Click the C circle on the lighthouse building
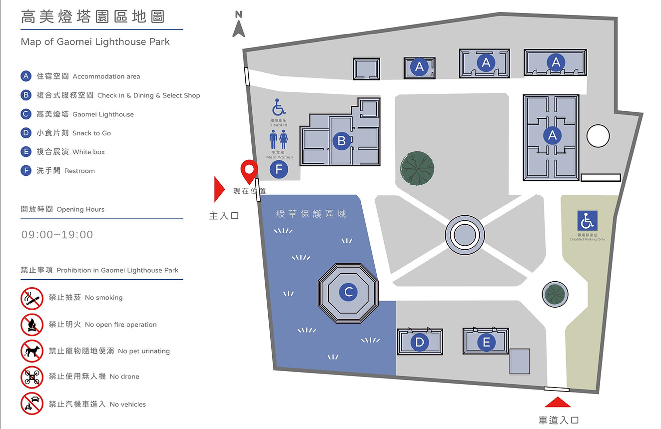[348, 292]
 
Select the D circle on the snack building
[420, 342]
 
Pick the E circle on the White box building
[486, 342]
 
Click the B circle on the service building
[342, 141]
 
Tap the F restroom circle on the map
[279, 169]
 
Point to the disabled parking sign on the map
[587, 221]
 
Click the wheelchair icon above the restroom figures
[278, 107]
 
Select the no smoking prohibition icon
[32, 298]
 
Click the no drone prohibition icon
[32, 377]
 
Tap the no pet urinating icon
[32, 351]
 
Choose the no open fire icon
[32, 325]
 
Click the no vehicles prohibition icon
[32, 404]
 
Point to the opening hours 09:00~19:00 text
[57, 235]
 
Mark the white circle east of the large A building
[598, 136]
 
